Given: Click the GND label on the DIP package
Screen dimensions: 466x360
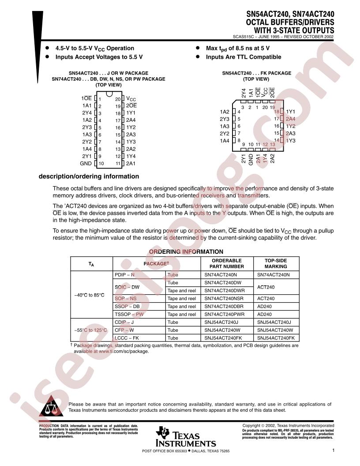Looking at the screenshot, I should click(86, 163).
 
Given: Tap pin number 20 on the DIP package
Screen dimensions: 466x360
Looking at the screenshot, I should click(118, 99).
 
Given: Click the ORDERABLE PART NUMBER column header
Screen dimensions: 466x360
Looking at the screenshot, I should click(227, 263).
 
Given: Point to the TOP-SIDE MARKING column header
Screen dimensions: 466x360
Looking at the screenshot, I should click(276, 263).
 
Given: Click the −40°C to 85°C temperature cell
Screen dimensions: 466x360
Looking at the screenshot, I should click(89, 294).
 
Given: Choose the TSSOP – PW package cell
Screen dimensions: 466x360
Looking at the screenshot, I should click(129, 314).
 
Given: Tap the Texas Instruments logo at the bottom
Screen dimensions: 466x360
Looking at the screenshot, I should click(185, 437).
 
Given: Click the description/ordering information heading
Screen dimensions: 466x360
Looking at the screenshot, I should click(89, 177).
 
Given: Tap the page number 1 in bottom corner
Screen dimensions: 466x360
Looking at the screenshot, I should click(334, 451).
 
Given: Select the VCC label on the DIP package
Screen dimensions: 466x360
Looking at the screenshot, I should click(131, 99).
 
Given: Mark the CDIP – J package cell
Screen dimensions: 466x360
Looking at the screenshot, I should click(125, 322).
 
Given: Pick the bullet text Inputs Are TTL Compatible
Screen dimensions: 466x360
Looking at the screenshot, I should click(244, 57).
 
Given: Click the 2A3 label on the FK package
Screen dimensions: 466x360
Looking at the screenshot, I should click(290, 133).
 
